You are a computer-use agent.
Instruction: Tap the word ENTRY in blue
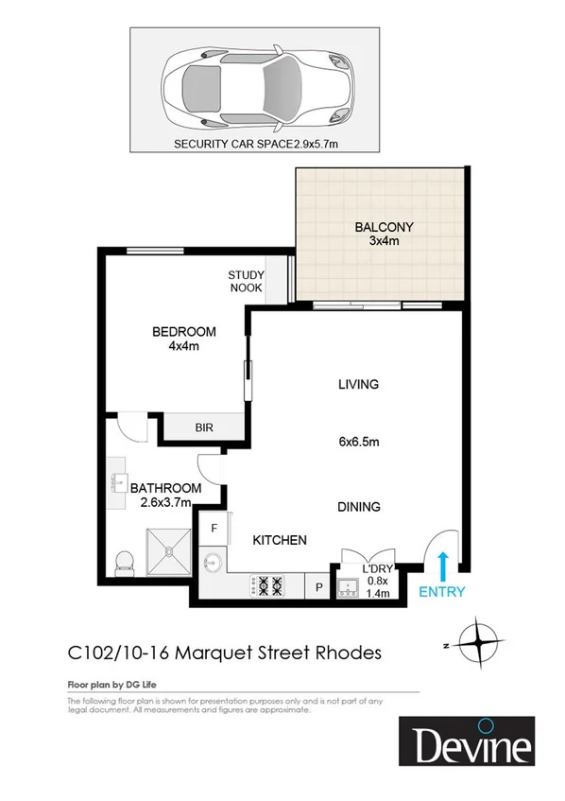[441, 592]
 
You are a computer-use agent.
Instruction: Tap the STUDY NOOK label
[246, 282]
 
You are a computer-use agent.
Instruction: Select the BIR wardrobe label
[204, 427]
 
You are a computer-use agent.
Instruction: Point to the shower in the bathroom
[166, 550]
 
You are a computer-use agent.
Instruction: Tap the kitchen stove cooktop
[267, 586]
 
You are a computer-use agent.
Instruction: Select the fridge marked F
[214, 528]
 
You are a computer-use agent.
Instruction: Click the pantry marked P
[318, 587]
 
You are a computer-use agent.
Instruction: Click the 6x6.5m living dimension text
[359, 441]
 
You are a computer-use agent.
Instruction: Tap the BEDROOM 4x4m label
[184, 339]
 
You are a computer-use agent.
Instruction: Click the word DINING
[359, 507]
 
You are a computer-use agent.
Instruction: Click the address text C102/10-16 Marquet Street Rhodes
[224, 653]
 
